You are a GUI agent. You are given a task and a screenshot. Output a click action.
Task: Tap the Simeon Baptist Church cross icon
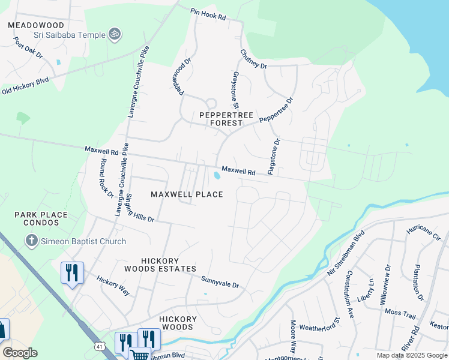pyautogui.click(x=32, y=241)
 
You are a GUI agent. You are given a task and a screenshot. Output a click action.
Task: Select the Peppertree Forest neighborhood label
pyautogui.click(x=222, y=118)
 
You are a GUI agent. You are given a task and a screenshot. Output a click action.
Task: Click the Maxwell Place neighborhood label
pyautogui.click(x=187, y=194)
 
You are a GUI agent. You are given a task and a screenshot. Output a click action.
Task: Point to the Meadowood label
pyautogui.click(x=36, y=25)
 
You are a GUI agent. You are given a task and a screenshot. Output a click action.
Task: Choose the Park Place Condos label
pyautogui.click(x=41, y=218)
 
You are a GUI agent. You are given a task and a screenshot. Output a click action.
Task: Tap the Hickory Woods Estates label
pyautogui.click(x=168, y=265)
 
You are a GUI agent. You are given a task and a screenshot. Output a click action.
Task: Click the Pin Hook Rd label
pyautogui.click(x=208, y=14)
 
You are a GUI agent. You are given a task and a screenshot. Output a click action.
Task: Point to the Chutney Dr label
pyautogui.click(x=253, y=59)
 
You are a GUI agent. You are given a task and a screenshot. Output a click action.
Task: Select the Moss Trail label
pyautogui.click(x=400, y=313)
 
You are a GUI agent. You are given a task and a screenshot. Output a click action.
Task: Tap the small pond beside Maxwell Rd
pyautogui.click(x=215, y=175)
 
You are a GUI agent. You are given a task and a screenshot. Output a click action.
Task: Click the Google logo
pyautogui.click(x=20, y=353)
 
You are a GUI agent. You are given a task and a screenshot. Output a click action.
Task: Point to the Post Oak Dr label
pyautogui.click(x=28, y=47)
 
